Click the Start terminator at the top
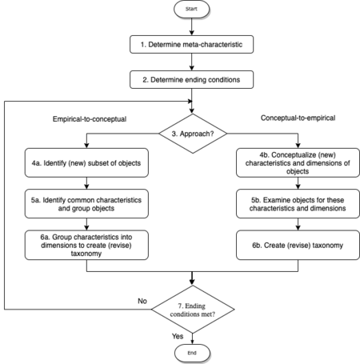click(192, 10)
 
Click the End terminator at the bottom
click(192, 353)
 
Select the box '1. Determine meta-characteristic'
click(192, 45)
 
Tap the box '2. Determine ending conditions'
click(192, 79)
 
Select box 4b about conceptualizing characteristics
click(294, 163)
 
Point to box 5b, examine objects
click(294, 203)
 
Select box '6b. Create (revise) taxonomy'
click(294, 244)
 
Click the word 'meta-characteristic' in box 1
click(215, 45)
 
